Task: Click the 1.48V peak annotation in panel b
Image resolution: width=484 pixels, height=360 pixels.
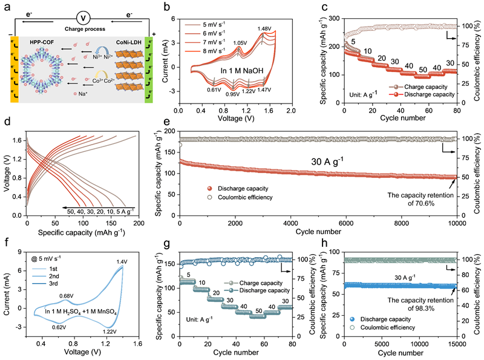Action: point(263,28)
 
